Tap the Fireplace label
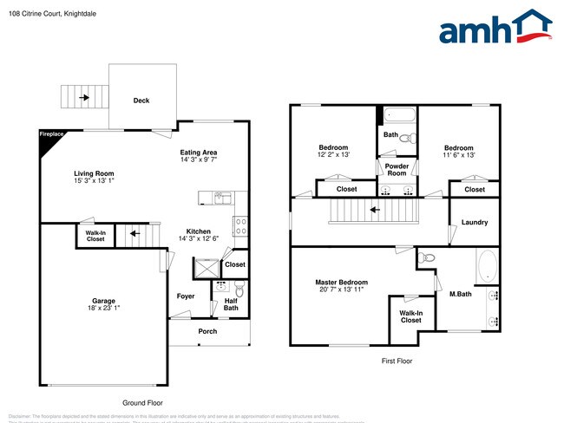pyautogui.click(x=51, y=134)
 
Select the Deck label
pyautogui.click(x=141, y=101)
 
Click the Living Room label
pyautogui.click(x=93, y=174)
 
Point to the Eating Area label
pyautogui.click(x=198, y=153)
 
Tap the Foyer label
pyautogui.click(x=186, y=296)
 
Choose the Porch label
pyautogui.click(x=207, y=332)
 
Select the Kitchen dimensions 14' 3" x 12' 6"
pyautogui.click(x=198, y=238)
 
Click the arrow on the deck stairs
pyautogui.click(x=83, y=98)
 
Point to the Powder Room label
pyautogui.click(x=397, y=169)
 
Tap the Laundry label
pyautogui.click(x=474, y=223)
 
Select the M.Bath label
pyautogui.click(x=459, y=295)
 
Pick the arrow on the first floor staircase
pyautogui.click(x=374, y=209)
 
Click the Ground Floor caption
pyautogui.click(x=141, y=403)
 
